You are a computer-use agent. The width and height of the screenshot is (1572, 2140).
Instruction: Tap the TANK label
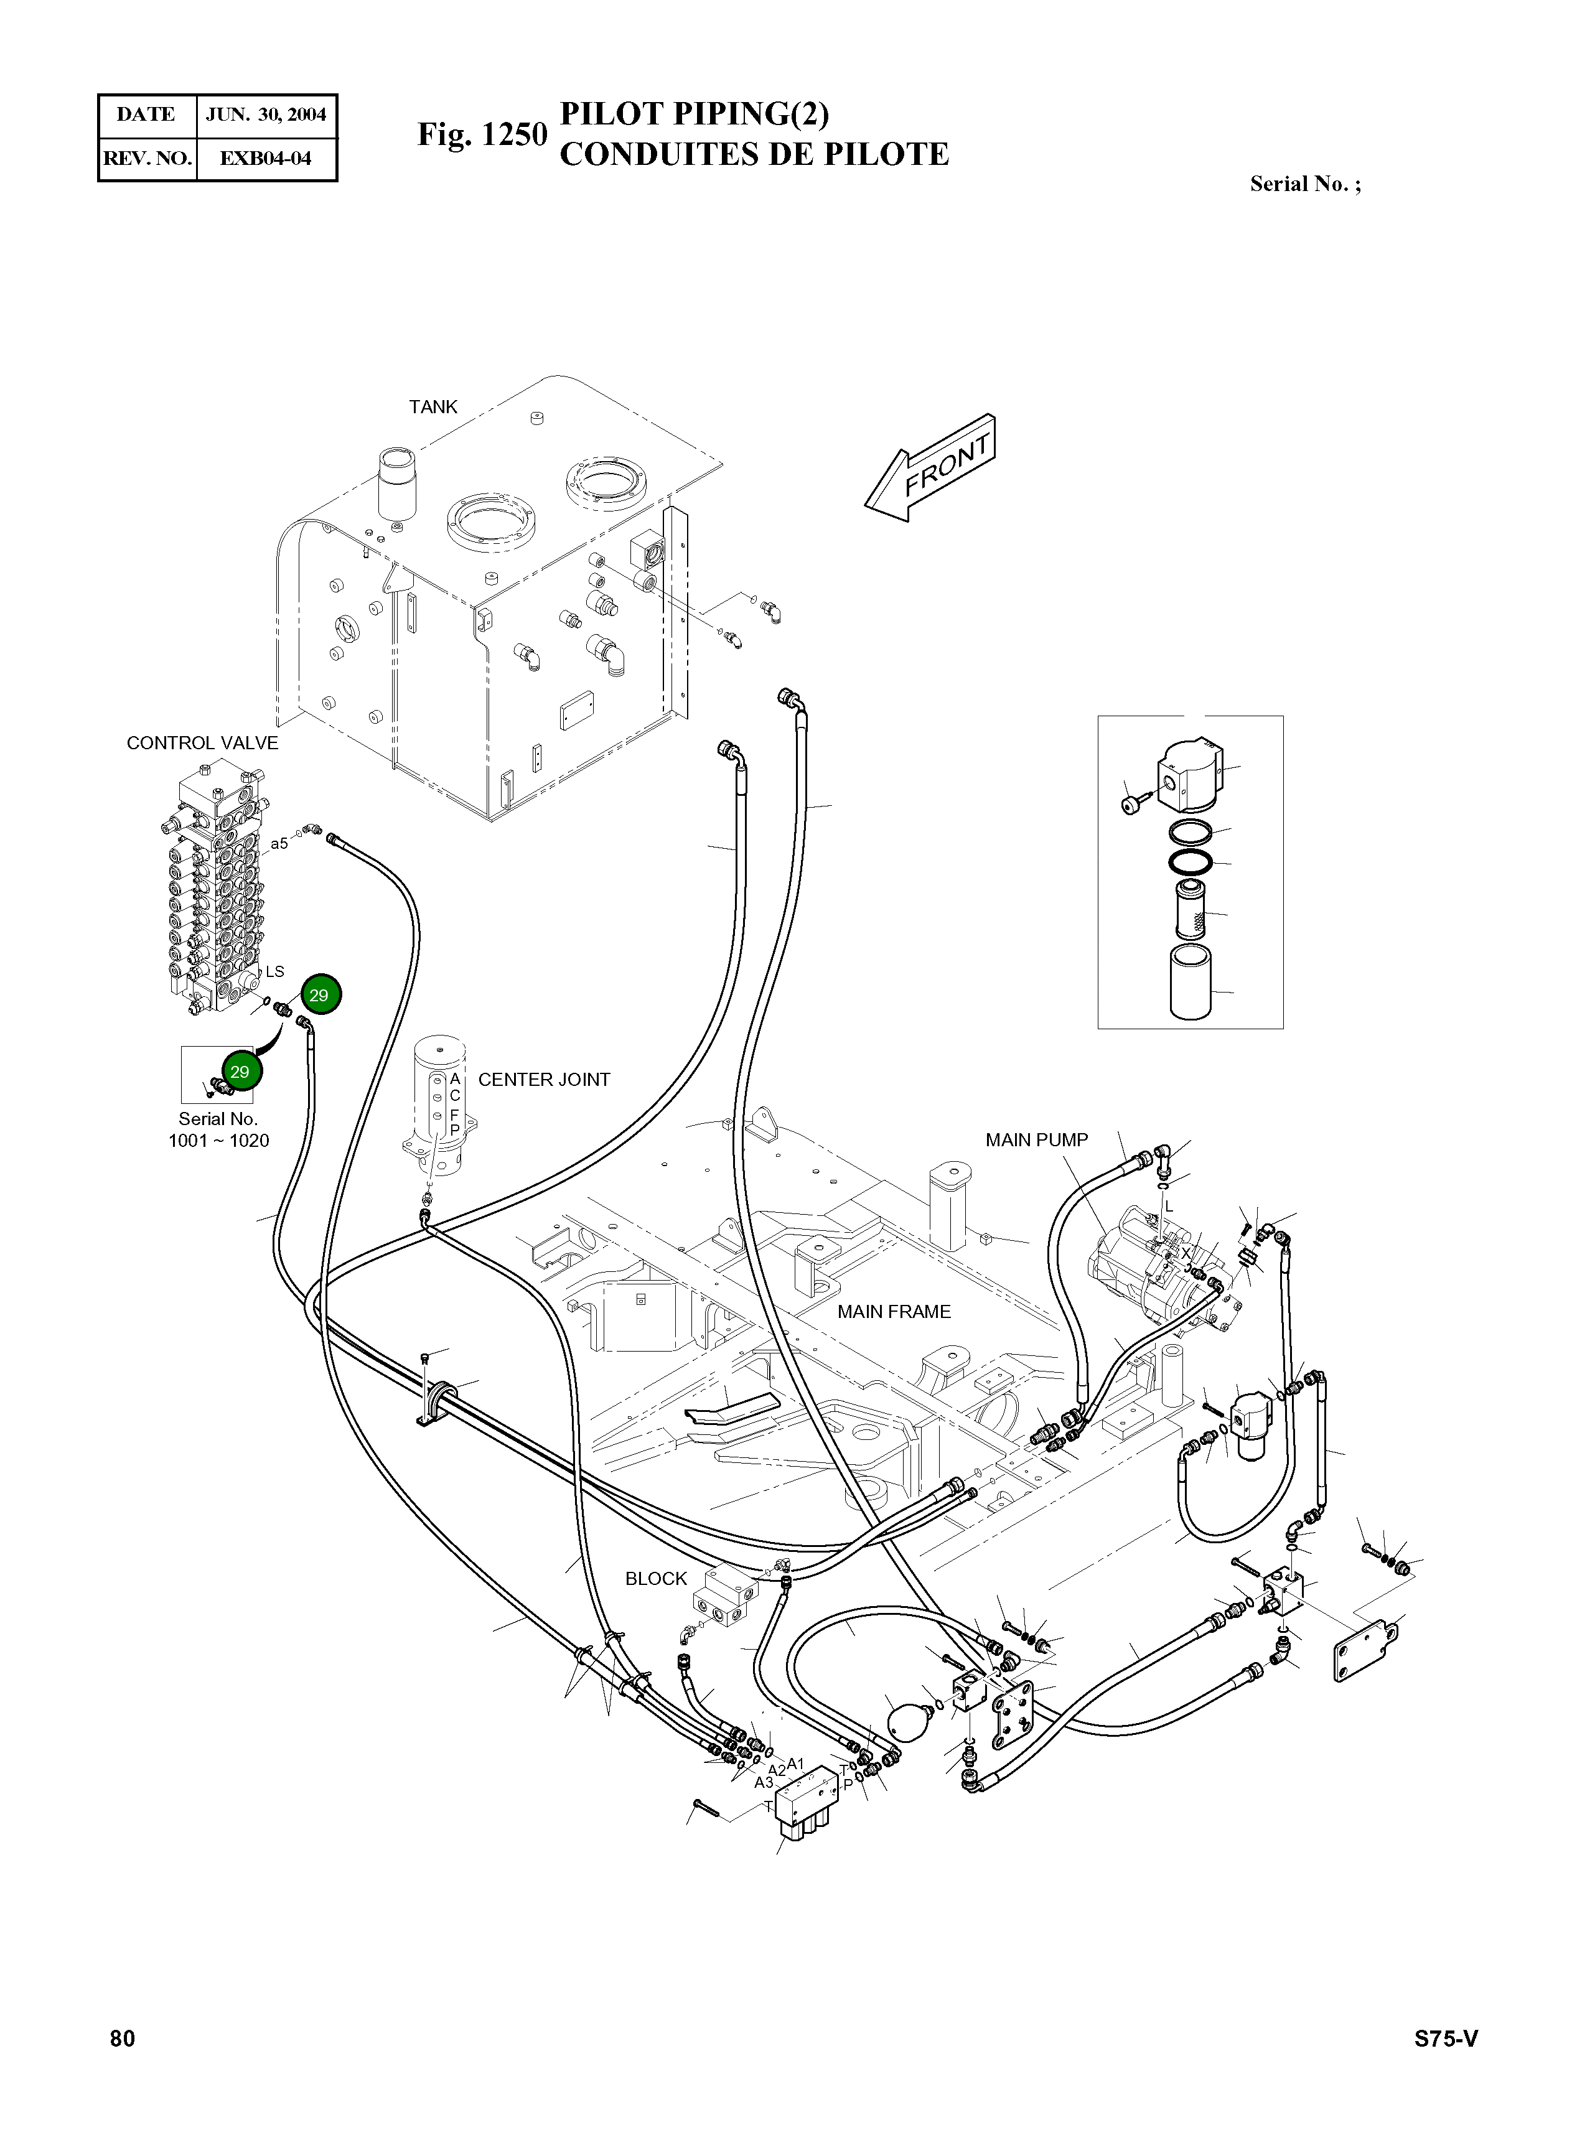pos(433,407)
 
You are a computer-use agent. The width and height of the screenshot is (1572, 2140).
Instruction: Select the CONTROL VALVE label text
pos(203,743)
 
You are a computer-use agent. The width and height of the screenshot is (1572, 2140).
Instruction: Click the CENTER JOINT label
pos(543,1079)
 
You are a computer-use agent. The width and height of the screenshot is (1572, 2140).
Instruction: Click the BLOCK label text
pos(656,1579)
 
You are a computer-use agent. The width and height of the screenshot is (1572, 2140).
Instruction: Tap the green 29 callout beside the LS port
pos(319,995)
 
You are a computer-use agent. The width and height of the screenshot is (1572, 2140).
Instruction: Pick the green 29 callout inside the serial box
pos(240,1072)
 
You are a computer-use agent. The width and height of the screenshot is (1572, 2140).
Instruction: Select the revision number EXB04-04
pos(266,158)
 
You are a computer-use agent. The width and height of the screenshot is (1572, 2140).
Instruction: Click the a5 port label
pos(279,843)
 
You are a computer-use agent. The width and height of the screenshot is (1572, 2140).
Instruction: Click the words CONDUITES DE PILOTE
pos(754,154)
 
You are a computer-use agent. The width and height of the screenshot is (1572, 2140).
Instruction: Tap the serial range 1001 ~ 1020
pos(219,1140)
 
